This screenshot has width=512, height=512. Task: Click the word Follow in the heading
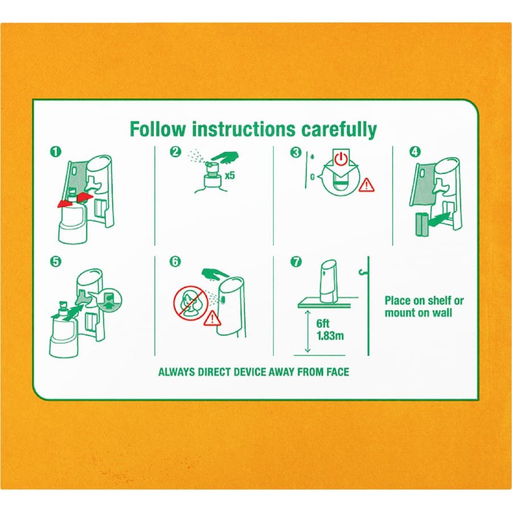(158, 129)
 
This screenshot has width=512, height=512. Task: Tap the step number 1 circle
(56, 152)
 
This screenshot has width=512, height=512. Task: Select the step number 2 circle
(176, 152)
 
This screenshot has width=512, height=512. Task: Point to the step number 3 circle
(296, 152)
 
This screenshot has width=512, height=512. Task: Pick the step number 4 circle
(415, 152)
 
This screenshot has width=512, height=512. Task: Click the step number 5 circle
(56, 262)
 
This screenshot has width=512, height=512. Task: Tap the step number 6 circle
(175, 262)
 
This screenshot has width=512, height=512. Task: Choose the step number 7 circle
(296, 262)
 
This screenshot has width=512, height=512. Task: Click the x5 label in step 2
(230, 176)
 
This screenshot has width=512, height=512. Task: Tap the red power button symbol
(341, 158)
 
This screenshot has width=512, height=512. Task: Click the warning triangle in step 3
(367, 185)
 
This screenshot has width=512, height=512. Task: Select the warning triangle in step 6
(212, 318)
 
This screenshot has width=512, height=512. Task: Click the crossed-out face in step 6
(191, 303)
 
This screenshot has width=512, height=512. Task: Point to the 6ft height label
(323, 324)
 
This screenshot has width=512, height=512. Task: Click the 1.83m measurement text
(330, 336)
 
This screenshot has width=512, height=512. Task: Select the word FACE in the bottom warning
(338, 372)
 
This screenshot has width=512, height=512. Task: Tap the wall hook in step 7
(362, 272)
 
